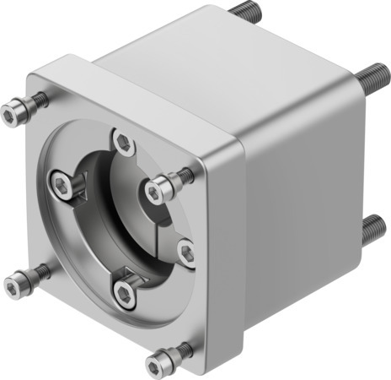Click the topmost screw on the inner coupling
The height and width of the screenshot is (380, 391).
point(125,141)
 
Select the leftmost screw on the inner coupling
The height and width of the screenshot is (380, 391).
point(62,182)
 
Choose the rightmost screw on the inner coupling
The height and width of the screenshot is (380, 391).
point(187,251)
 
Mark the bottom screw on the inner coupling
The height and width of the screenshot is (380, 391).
point(125,292)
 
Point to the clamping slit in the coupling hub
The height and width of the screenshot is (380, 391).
point(167,226)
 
